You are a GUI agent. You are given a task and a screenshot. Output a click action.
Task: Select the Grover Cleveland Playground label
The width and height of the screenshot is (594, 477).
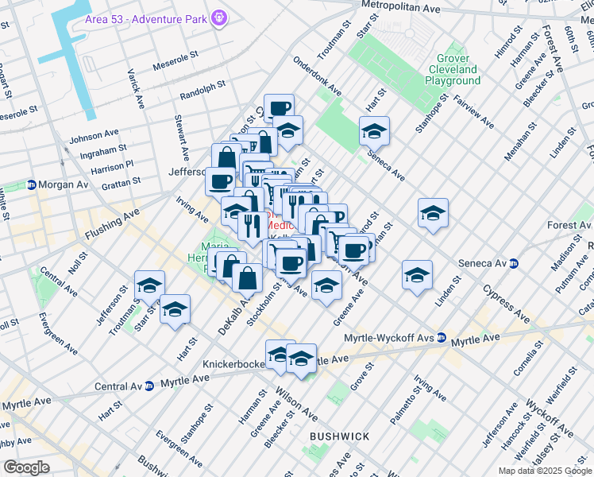click(452, 70)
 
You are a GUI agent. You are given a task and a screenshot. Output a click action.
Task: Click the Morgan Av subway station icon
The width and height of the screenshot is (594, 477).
click(30, 184)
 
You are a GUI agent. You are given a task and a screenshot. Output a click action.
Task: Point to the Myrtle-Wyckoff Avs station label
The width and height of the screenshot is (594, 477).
click(389, 338)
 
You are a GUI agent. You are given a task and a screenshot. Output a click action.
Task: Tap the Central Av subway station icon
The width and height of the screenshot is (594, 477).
click(148, 387)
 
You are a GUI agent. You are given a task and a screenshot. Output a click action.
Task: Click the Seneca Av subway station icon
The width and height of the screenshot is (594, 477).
click(515, 263)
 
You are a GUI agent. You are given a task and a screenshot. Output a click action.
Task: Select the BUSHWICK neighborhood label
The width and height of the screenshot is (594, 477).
click(339, 436)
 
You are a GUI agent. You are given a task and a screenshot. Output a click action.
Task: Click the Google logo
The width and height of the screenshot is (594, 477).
click(25, 467)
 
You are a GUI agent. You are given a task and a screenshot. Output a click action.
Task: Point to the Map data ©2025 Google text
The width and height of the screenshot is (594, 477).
click(544, 471)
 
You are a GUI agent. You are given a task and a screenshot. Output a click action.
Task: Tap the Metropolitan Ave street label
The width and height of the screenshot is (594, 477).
click(399, 7)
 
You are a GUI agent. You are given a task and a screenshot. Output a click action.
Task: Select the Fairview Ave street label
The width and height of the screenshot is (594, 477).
click(473, 113)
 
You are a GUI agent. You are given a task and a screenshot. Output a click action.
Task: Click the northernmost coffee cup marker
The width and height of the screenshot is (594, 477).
click(279, 109)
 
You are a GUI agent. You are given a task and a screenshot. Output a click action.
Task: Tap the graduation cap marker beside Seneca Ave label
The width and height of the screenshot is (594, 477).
click(374, 131)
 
